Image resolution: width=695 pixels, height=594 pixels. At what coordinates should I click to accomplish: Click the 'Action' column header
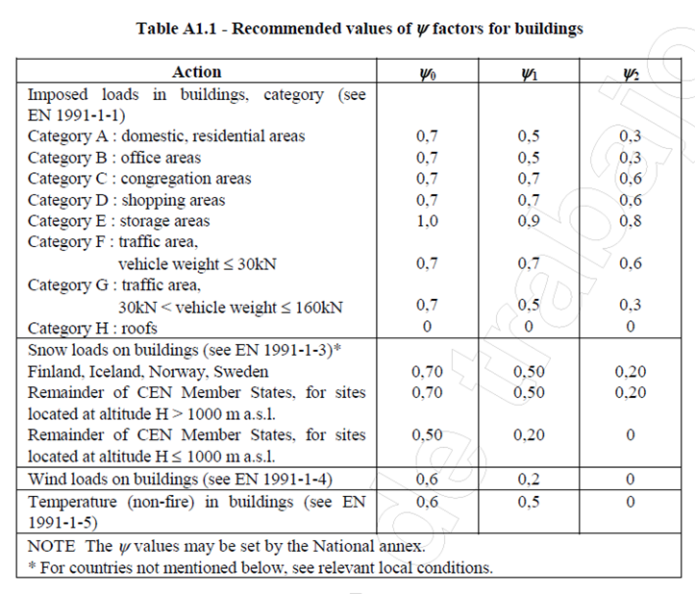click(x=196, y=72)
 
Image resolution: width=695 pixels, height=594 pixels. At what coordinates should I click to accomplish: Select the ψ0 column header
click(x=428, y=74)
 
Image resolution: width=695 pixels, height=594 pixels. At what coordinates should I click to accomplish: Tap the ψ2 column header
click(x=631, y=74)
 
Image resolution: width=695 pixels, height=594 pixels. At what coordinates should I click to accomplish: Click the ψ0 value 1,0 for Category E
click(x=427, y=221)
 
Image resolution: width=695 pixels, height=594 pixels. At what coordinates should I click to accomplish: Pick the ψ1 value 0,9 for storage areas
click(x=529, y=221)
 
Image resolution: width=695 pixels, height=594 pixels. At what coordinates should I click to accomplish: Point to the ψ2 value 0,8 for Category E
click(x=631, y=221)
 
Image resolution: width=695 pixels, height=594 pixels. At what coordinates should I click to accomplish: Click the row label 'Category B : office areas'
click(x=114, y=158)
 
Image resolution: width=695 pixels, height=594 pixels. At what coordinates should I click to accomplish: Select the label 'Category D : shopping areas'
click(x=126, y=200)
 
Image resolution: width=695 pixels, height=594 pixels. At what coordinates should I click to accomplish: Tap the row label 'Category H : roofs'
click(x=92, y=328)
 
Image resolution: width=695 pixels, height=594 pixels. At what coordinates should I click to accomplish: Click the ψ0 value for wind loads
click(x=427, y=480)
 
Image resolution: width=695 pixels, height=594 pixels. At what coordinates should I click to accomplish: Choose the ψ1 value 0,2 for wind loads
click(x=529, y=480)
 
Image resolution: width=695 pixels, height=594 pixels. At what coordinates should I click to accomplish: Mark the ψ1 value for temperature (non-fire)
click(x=529, y=502)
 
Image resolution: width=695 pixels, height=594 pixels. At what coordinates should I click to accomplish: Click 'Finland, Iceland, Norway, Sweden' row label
click(x=148, y=371)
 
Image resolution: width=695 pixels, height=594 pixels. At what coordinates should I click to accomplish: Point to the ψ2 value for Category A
click(x=631, y=136)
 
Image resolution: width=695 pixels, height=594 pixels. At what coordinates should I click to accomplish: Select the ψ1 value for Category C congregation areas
click(x=529, y=178)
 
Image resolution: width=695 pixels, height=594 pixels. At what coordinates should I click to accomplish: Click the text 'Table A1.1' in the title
click(x=176, y=29)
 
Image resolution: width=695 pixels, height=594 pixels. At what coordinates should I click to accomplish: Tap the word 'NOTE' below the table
click(x=51, y=546)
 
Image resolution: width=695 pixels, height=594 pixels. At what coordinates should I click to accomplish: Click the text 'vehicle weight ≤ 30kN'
click(x=197, y=264)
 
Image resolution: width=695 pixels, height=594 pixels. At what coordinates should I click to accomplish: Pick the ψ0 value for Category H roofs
click(x=427, y=327)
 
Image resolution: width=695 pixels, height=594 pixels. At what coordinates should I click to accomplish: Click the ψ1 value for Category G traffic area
click(x=529, y=305)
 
